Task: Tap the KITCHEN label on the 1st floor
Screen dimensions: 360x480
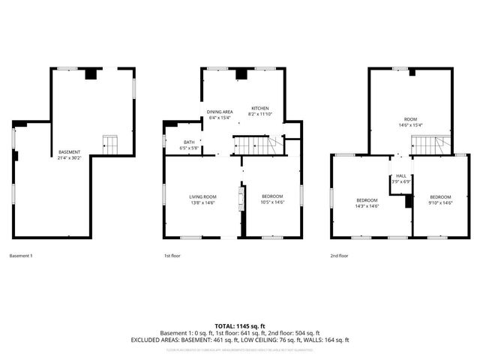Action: tap(260, 107)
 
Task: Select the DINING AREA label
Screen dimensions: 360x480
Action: tap(220, 112)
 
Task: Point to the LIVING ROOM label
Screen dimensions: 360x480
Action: tap(202, 196)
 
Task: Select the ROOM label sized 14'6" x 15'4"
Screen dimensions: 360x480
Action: tap(410, 120)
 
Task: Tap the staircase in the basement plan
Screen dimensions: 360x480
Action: tap(110, 144)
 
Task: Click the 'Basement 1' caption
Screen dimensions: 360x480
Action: tap(21, 256)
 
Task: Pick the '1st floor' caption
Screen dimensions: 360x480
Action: tap(172, 256)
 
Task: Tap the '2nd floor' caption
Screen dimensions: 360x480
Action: tap(340, 256)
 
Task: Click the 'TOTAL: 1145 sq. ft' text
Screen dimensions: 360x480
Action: tap(239, 325)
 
